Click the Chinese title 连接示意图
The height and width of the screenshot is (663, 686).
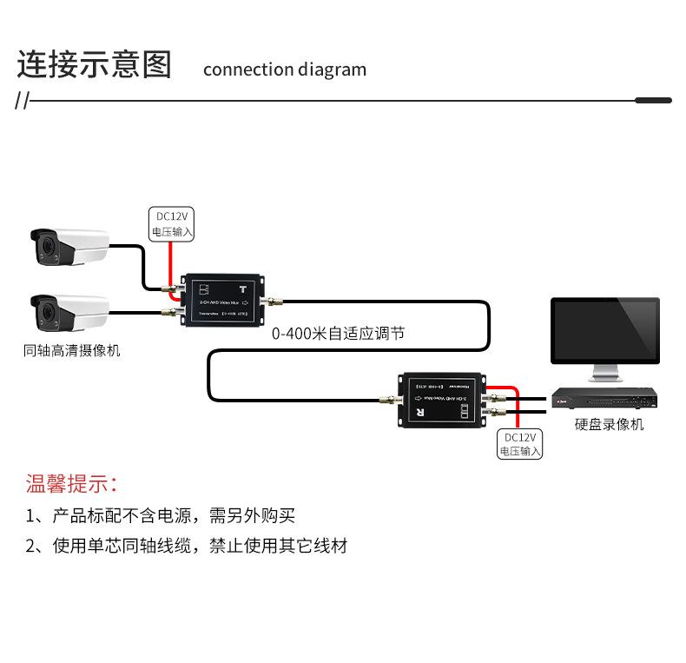pos(95,66)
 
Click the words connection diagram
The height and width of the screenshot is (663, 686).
pos(284,70)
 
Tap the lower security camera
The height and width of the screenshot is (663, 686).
pos(69,312)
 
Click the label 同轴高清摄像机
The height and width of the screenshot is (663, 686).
pos(72,351)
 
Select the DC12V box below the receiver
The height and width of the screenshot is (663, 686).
pos(519,444)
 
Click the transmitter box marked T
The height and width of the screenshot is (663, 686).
pos(222,300)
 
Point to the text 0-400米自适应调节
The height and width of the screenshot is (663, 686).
pos(337,333)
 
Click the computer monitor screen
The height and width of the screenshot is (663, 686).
pos(605,331)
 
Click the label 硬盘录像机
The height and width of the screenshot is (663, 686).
pos(609,425)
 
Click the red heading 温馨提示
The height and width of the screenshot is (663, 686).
pos(70,484)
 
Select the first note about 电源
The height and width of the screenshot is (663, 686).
pos(161,516)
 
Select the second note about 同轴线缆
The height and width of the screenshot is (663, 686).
pos(186,547)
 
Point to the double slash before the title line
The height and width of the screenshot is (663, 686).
pos(23,102)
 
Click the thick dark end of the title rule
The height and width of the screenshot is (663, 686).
pos(653,101)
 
